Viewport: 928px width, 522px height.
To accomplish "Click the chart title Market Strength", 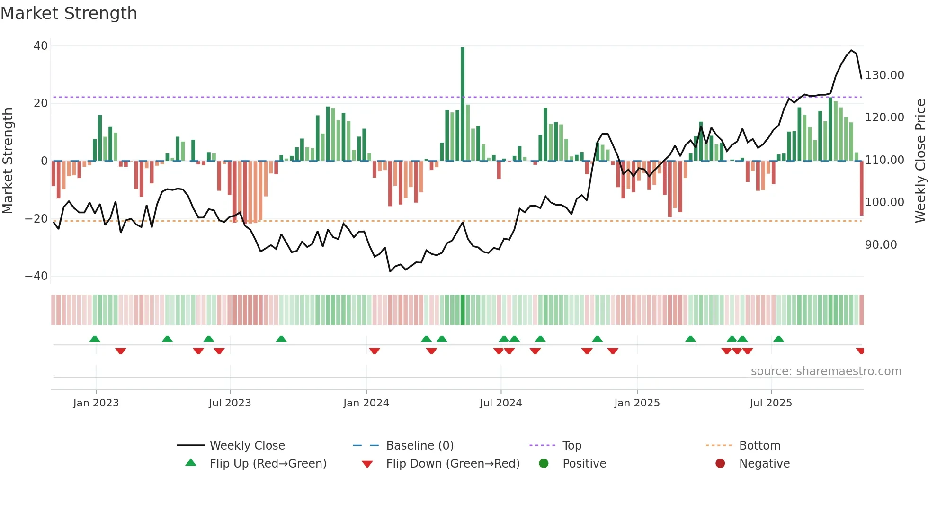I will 69,13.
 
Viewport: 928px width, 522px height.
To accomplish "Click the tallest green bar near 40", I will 463,104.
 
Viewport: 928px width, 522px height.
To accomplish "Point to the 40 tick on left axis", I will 41,46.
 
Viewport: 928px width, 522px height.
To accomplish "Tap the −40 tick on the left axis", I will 36,276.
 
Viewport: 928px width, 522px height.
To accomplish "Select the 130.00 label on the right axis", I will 884,75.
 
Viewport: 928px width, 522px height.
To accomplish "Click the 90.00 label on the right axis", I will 881,245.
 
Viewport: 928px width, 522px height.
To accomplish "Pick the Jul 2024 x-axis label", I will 500,403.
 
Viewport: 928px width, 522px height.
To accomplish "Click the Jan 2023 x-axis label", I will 96,403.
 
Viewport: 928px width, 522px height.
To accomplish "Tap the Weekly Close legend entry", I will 247,446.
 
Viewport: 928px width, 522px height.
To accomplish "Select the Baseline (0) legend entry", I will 419,446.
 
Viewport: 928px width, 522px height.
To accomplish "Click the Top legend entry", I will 571,446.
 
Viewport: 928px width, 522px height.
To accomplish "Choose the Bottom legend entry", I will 759,446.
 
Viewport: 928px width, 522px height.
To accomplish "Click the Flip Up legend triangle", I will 191,463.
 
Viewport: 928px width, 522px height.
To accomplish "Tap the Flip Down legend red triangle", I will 367,464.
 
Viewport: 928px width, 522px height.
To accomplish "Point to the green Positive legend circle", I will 544,463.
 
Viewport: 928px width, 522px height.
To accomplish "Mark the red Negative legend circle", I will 720,463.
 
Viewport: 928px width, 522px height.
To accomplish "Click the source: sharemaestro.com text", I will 826,371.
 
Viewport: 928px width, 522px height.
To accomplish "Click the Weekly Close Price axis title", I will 920,161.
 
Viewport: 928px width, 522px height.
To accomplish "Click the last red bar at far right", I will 861,189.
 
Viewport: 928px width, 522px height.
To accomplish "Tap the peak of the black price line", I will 851,50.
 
